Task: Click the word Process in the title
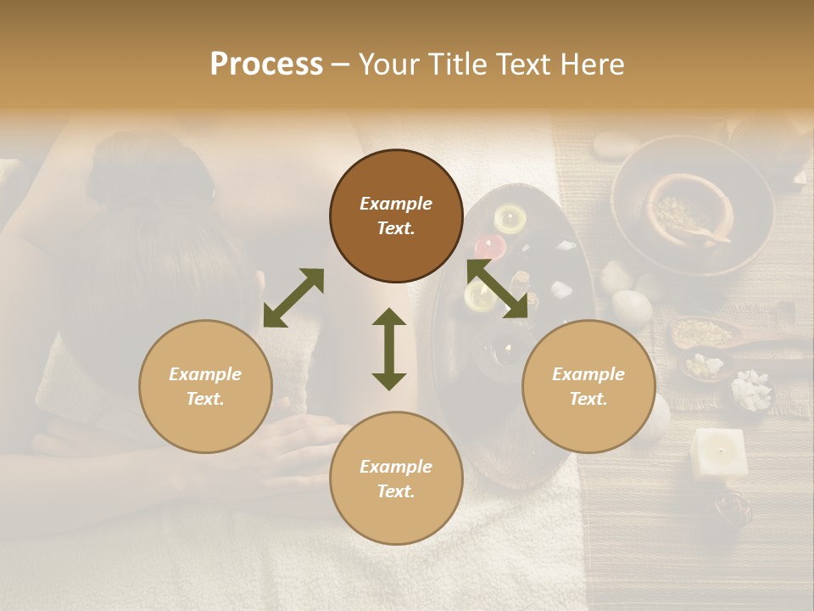click(266, 64)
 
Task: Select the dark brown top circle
click(396, 216)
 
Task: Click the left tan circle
click(205, 386)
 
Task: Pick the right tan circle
click(588, 386)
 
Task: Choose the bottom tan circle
click(396, 479)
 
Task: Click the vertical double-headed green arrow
click(389, 349)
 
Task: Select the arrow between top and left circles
click(293, 298)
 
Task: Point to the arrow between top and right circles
click(498, 289)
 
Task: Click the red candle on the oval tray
click(489, 247)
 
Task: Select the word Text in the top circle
click(396, 228)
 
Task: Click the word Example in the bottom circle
click(396, 466)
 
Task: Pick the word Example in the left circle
click(205, 373)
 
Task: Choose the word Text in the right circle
click(588, 399)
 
